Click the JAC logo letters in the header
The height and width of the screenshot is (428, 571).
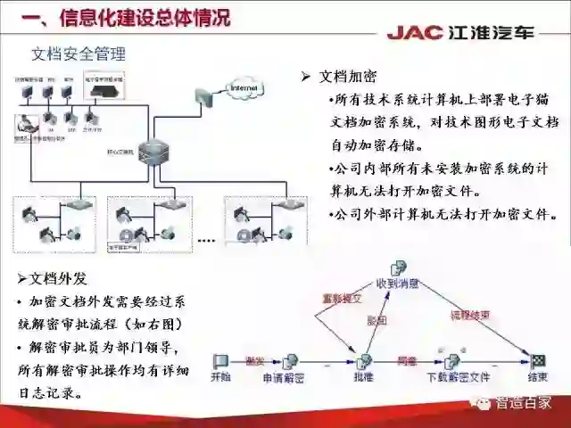(416, 33)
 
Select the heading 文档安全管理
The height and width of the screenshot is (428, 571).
(79, 54)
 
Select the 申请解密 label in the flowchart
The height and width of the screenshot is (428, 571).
(283, 377)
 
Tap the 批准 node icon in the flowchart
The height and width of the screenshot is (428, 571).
(364, 362)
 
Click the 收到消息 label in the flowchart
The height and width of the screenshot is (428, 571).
(398, 283)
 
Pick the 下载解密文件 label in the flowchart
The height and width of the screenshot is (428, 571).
(454, 377)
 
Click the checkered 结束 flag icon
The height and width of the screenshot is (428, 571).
(538, 360)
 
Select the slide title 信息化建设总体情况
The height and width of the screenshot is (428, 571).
(143, 17)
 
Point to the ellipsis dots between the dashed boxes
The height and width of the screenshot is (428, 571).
(206, 240)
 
